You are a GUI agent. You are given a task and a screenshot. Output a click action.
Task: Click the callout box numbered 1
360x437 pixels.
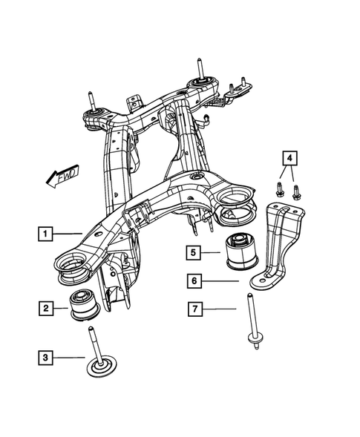tap(46, 235)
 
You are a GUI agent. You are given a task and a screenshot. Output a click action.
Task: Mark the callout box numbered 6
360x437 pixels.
tap(192, 281)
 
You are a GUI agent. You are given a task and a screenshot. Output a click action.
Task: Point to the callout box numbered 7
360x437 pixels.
tap(192, 308)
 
